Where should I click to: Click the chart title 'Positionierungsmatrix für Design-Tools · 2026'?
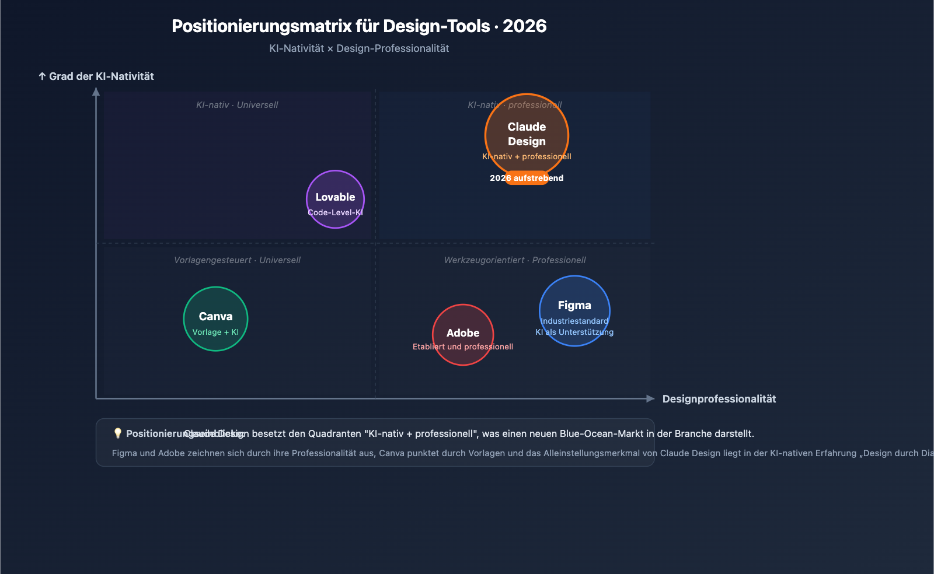(x=359, y=26)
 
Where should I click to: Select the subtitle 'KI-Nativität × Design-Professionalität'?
(x=359, y=48)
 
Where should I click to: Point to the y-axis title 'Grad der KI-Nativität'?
(x=101, y=76)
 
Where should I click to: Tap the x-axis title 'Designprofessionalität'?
(x=719, y=399)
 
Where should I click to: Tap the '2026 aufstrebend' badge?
(x=527, y=178)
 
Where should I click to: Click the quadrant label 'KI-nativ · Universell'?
(x=237, y=105)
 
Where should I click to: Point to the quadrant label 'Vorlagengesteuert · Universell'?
(x=237, y=260)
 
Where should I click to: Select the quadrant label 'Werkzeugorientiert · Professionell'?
(x=515, y=260)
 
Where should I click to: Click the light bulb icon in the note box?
(x=117, y=433)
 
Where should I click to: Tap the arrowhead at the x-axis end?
(x=650, y=399)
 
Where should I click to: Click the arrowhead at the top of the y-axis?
(x=96, y=92)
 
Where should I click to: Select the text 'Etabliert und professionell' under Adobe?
(x=463, y=346)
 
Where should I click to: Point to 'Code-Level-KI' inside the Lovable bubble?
(x=335, y=212)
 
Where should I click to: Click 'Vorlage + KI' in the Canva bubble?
(x=215, y=332)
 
